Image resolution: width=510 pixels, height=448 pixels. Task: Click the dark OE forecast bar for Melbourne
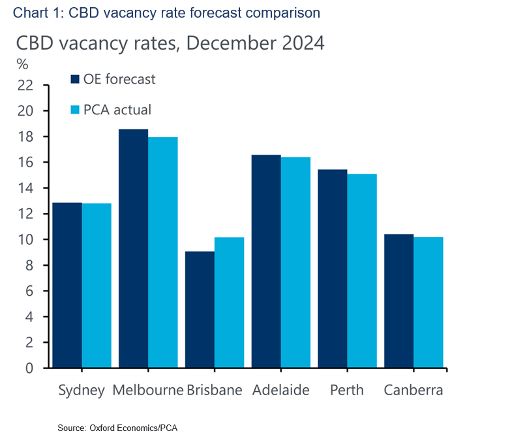point(133,248)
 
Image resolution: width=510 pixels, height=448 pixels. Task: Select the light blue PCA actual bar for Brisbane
point(229,302)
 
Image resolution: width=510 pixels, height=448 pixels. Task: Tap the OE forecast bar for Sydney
point(67,285)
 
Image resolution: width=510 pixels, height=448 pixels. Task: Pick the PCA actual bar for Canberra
point(428,302)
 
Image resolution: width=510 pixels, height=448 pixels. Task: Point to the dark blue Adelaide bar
point(266,261)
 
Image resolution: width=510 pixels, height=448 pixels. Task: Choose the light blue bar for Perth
point(362,270)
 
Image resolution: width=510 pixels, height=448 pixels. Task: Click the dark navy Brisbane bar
point(200,310)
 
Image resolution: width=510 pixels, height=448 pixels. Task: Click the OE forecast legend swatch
point(74,80)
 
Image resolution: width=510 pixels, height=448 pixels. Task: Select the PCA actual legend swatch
point(74,110)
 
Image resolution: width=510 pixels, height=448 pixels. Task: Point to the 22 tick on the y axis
point(25,85)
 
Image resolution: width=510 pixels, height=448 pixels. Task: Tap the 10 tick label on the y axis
point(25,240)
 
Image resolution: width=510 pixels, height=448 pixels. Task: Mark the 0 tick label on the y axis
point(29,368)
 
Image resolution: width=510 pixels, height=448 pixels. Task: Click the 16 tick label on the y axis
point(25,163)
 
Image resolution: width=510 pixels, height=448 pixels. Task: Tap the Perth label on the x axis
point(347,391)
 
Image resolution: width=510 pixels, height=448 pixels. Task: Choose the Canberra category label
point(413,391)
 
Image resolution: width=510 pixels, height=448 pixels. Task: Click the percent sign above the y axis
point(23,64)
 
